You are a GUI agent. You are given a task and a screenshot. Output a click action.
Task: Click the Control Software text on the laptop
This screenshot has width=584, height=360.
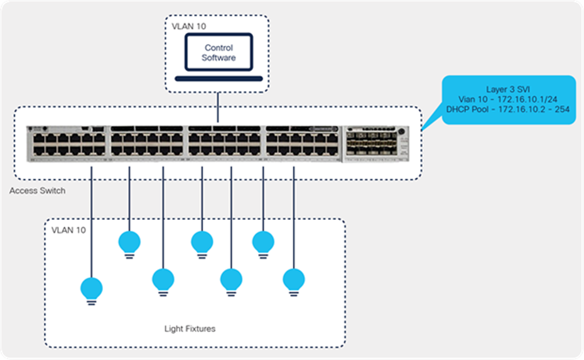tap(219, 53)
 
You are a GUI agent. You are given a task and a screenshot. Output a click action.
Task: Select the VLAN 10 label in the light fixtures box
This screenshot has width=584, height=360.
tap(68, 230)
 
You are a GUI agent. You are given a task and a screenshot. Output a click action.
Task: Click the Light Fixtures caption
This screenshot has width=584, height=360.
tap(190, 329)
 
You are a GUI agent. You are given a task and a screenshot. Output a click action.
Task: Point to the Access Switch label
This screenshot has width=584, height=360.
tap(37, 190)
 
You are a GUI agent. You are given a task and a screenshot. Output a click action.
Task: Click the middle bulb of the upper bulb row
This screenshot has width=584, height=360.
tap(202, 242)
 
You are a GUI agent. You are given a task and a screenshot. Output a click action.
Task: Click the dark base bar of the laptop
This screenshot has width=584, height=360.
tap(219, 79)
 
